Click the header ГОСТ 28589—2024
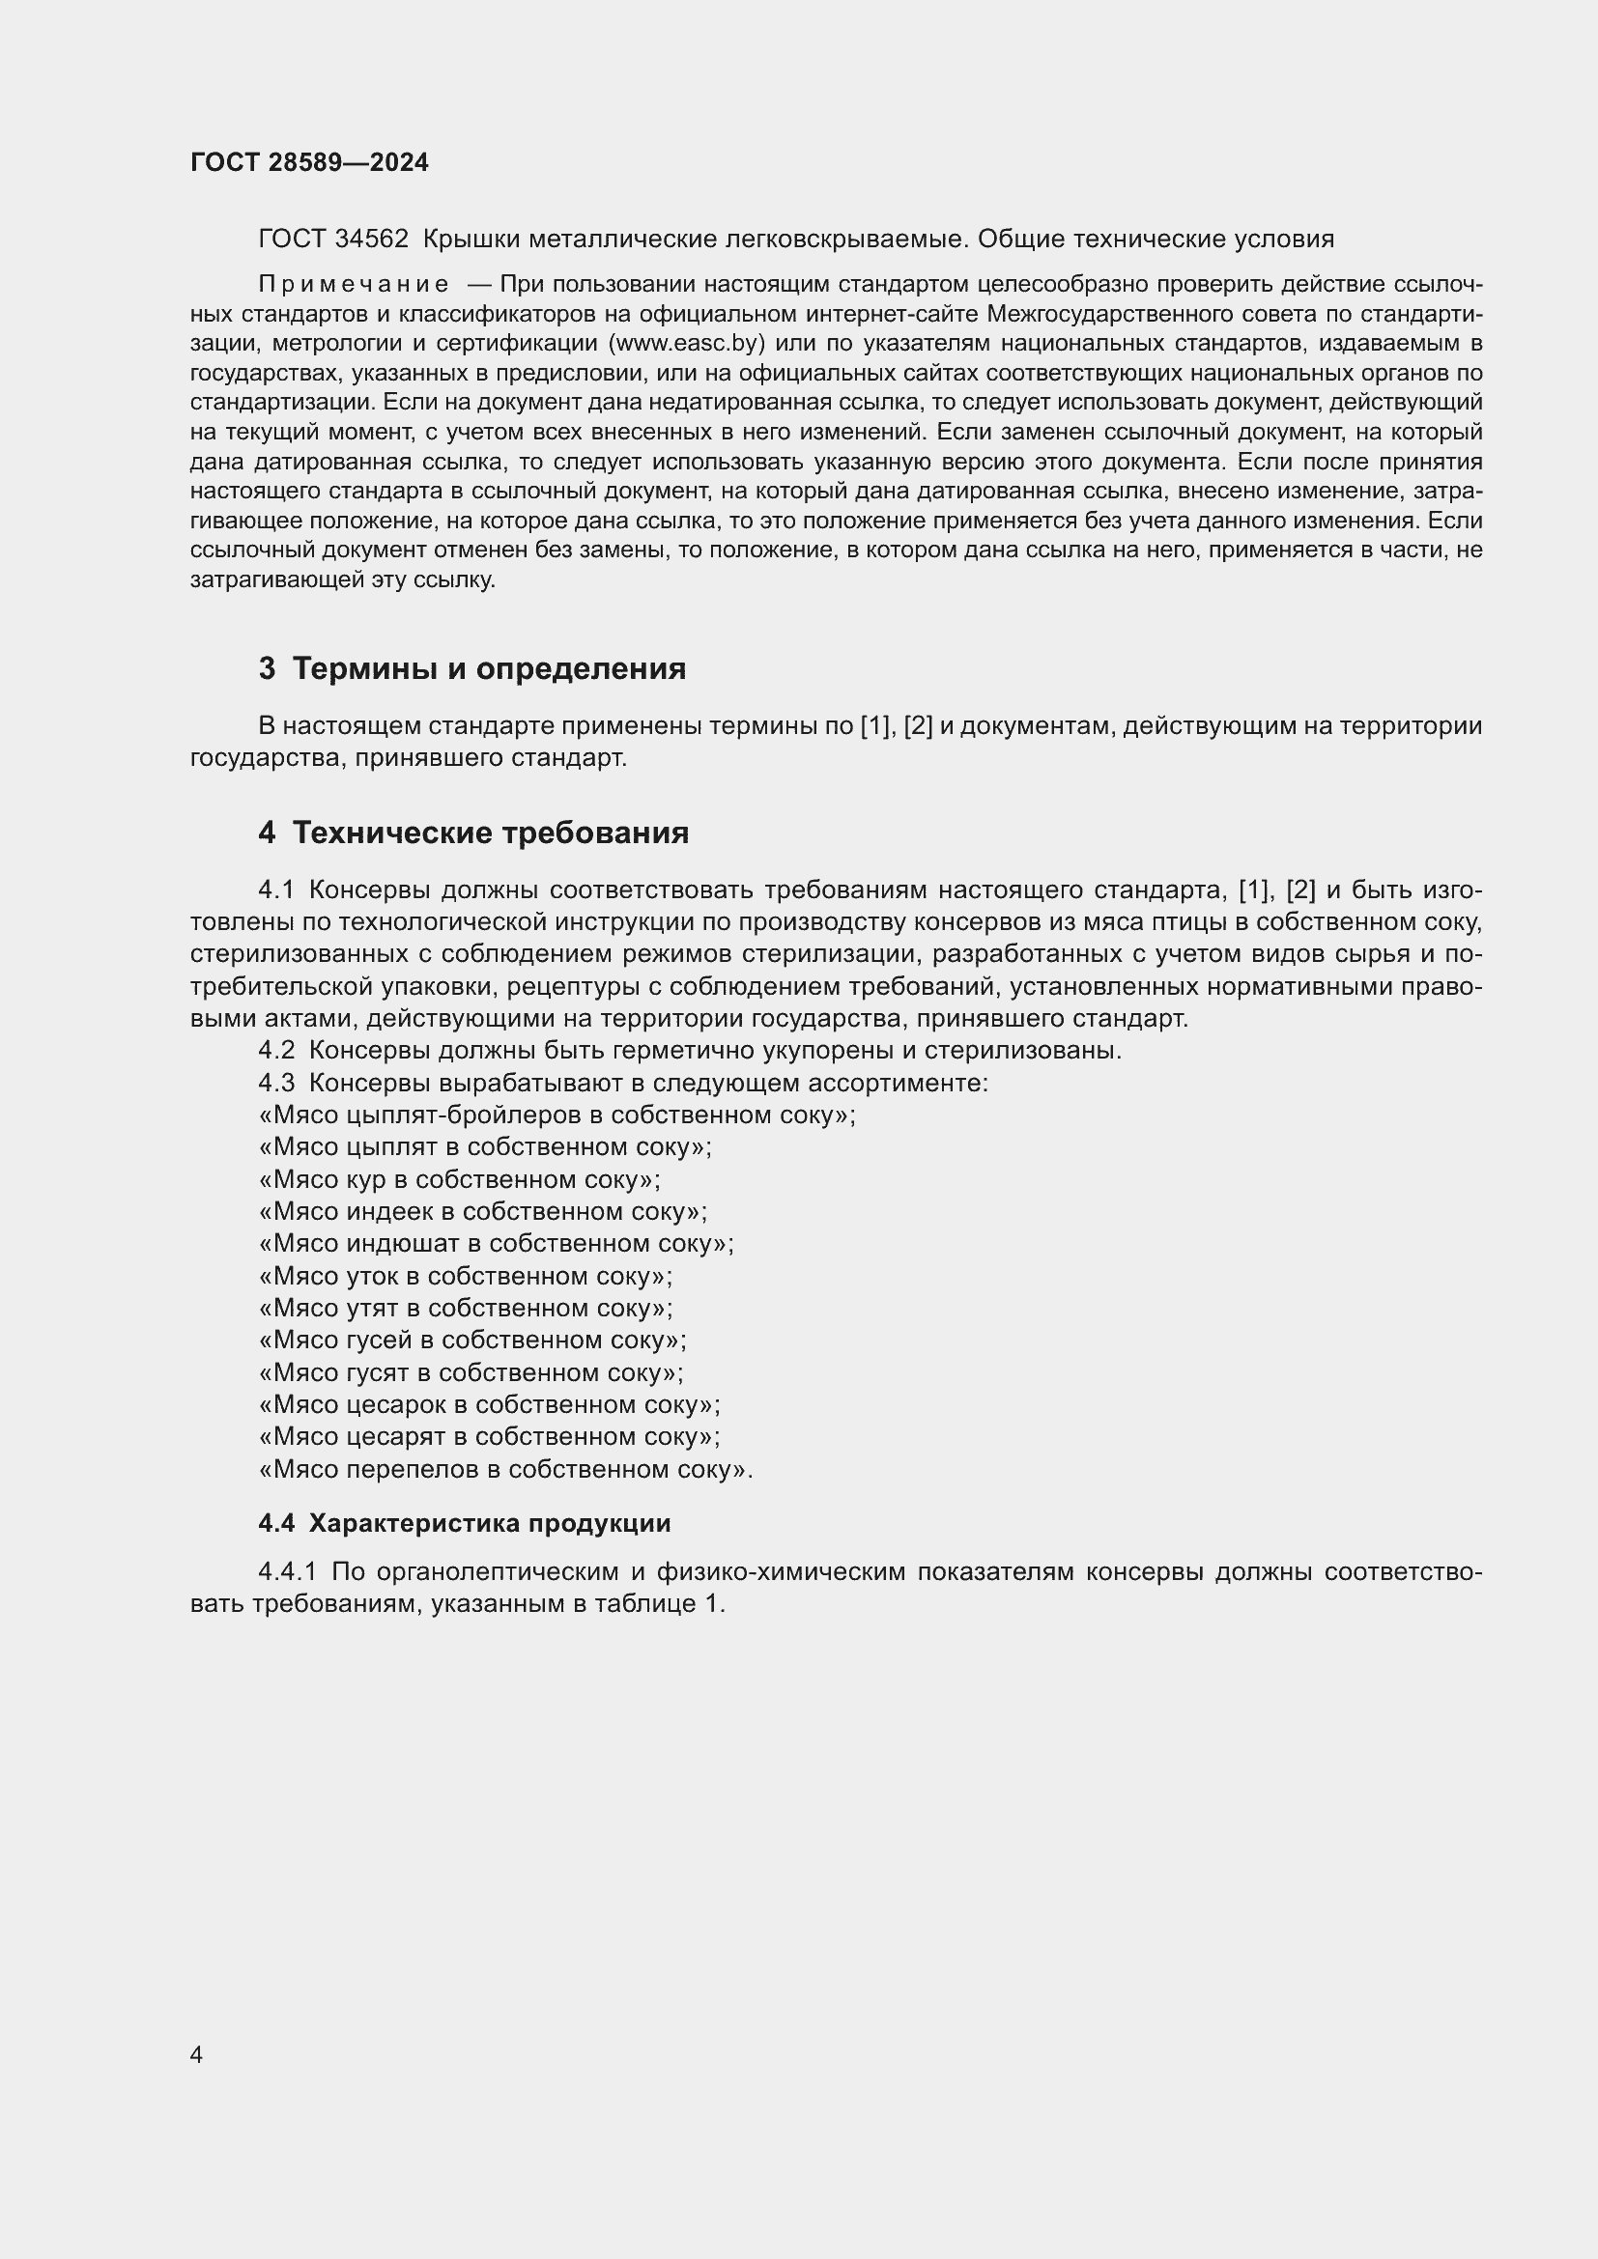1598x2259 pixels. pos(309,162)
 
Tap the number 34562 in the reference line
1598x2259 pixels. pos(372,240)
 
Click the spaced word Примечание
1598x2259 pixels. pos(354,284)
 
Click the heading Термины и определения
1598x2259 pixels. pos(489,669)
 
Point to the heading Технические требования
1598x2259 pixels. pos(490,833)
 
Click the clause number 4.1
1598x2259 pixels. pos(276,890)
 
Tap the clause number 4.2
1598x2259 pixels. pos(276,1051)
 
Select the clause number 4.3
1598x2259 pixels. pos(276,1084)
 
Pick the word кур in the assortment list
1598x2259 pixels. pos(366,1179)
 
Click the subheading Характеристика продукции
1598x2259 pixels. pos(489,1524)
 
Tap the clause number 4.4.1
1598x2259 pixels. pos(287,1572)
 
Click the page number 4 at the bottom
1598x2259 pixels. pos(196,2055)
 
